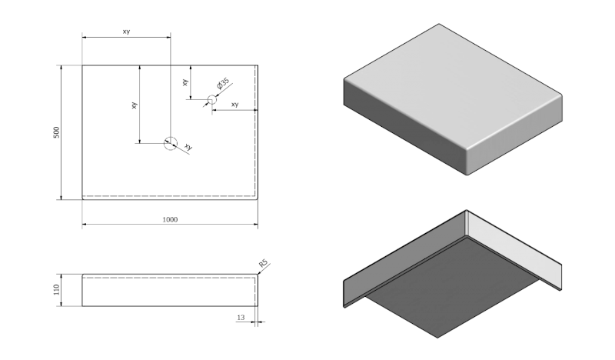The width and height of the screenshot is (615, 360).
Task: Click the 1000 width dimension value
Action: click(170, 219)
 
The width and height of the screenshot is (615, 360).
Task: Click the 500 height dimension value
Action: click(56, 132)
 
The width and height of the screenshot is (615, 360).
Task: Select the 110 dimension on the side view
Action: click(56, 289)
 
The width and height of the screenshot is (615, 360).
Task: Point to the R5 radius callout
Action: click(263, 265)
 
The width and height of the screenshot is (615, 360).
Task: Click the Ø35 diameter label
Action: click(223, 84)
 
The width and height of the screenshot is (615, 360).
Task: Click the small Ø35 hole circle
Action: click(212, 98)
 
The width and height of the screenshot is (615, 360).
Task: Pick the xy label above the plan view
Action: click(126, 31)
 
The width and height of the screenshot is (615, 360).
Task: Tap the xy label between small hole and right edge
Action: click(234, 105)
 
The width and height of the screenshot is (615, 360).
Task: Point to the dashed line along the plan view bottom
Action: click(169, 196)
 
